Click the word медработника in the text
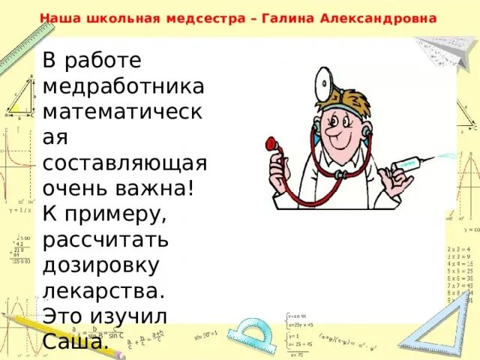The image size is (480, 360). (123, 85)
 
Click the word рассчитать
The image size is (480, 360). (105, 241)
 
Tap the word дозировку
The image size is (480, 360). (101, 267)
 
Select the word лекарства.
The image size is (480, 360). (103, 292)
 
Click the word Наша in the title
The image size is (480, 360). (57, 17)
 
